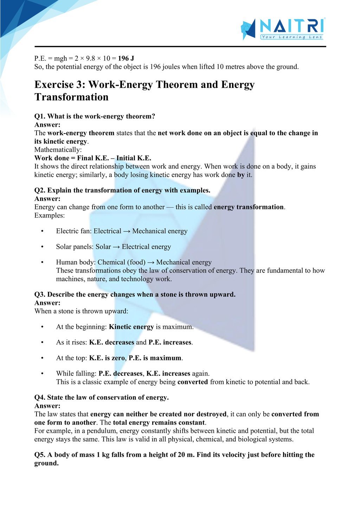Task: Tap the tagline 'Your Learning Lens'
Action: pyautogui.click(x=291, y=37)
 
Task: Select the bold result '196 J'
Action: pyautogui.click(x=126, y=58)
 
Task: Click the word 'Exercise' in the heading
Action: pyautogui.click(x=54, y=85)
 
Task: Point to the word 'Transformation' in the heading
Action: pyautogui.click(x=71, y=97)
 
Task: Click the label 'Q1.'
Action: pyautogui.click(x=40, y=116)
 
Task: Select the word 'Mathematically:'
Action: pyautogui.click(x=58, y=150)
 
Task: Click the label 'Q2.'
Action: pyautogui.click(x=40, y=190)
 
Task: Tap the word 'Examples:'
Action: pyautogui.click(x=50, y=215)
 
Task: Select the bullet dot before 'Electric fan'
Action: pyautogui.click(x=43, y=231)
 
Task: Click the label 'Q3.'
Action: pyautogui.click(x=40, y=294)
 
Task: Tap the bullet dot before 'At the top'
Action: pyautogui.click(x=43, y=358)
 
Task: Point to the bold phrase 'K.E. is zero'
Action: pyautogui.click(x=107, y=358)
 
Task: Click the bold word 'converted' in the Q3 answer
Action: pyautogui.click(x=193, y=382)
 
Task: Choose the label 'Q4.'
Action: pyautogui.click(x=40, y=398)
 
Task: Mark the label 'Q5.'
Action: pyautogui.click(x=40, y=455)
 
